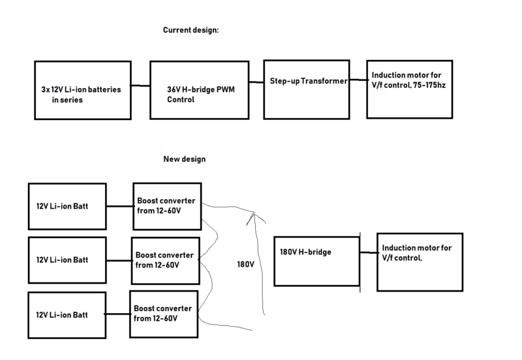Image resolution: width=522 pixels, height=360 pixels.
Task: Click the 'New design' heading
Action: point(184,158)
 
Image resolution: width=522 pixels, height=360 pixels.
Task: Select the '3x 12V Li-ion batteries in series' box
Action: point(81,91)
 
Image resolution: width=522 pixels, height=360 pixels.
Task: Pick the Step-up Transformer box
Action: point(306,81)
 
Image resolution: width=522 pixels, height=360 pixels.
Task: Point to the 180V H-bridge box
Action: point(317,260)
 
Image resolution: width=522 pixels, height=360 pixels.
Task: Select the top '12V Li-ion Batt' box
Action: point(67,206)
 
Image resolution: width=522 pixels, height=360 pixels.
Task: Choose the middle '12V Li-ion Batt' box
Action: point(67,260)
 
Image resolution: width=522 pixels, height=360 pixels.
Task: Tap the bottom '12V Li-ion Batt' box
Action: point(67,315)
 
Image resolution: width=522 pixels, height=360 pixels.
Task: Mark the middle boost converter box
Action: point(164,260)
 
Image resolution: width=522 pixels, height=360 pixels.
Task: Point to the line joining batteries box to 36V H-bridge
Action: point(140,86)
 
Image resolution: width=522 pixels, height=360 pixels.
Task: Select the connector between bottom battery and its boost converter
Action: point(117,314)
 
